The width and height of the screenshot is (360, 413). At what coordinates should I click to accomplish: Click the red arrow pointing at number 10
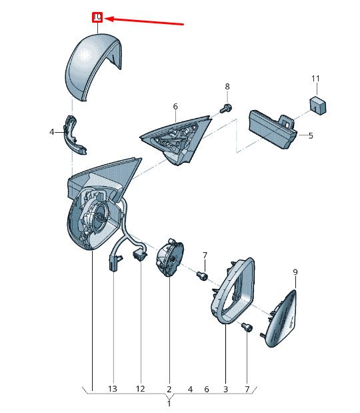click(144, 21)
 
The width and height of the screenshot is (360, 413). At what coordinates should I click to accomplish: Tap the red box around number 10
click(97, 17)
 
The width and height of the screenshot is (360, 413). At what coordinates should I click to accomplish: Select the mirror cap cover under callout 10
click(93, 67)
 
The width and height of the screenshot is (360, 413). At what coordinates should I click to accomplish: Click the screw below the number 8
click(226, 108)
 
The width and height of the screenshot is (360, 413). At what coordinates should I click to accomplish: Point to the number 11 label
click(315, 79)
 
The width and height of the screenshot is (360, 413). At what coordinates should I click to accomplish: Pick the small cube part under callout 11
click(318, 105)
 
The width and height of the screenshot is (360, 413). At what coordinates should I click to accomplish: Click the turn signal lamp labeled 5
click(273, 129)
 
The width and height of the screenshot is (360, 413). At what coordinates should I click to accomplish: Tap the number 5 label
click(311, 135)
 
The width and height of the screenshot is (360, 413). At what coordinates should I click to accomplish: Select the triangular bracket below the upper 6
click(175, 139)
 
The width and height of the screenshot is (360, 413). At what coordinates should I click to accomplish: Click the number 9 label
click(295, 272)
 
